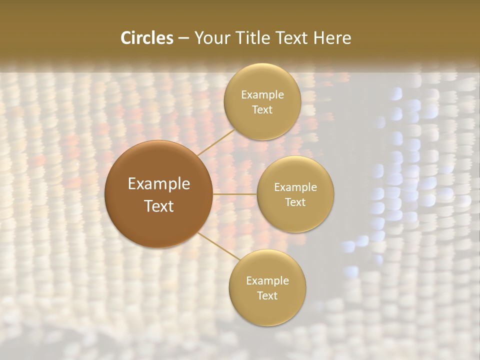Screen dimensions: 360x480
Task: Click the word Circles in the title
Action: [x=146, y=38]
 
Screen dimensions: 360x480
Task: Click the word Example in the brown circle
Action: [x=159, y=184]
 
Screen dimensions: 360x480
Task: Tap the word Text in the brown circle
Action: [x=159, y=206]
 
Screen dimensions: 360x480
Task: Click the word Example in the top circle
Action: [x=262, y=95]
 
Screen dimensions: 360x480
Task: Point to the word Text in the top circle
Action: [x=262, y=110]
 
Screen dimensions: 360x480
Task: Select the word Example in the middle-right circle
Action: [x=295, y=187]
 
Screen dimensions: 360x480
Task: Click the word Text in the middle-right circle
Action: [x=295, y=202]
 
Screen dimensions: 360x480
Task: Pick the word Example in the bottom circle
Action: [x=267, y=281]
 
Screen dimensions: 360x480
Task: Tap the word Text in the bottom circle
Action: [x=267, y=296]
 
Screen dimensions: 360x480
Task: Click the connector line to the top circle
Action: [x=216, y=142]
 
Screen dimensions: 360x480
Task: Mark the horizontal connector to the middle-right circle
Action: [x=235, y=194]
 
